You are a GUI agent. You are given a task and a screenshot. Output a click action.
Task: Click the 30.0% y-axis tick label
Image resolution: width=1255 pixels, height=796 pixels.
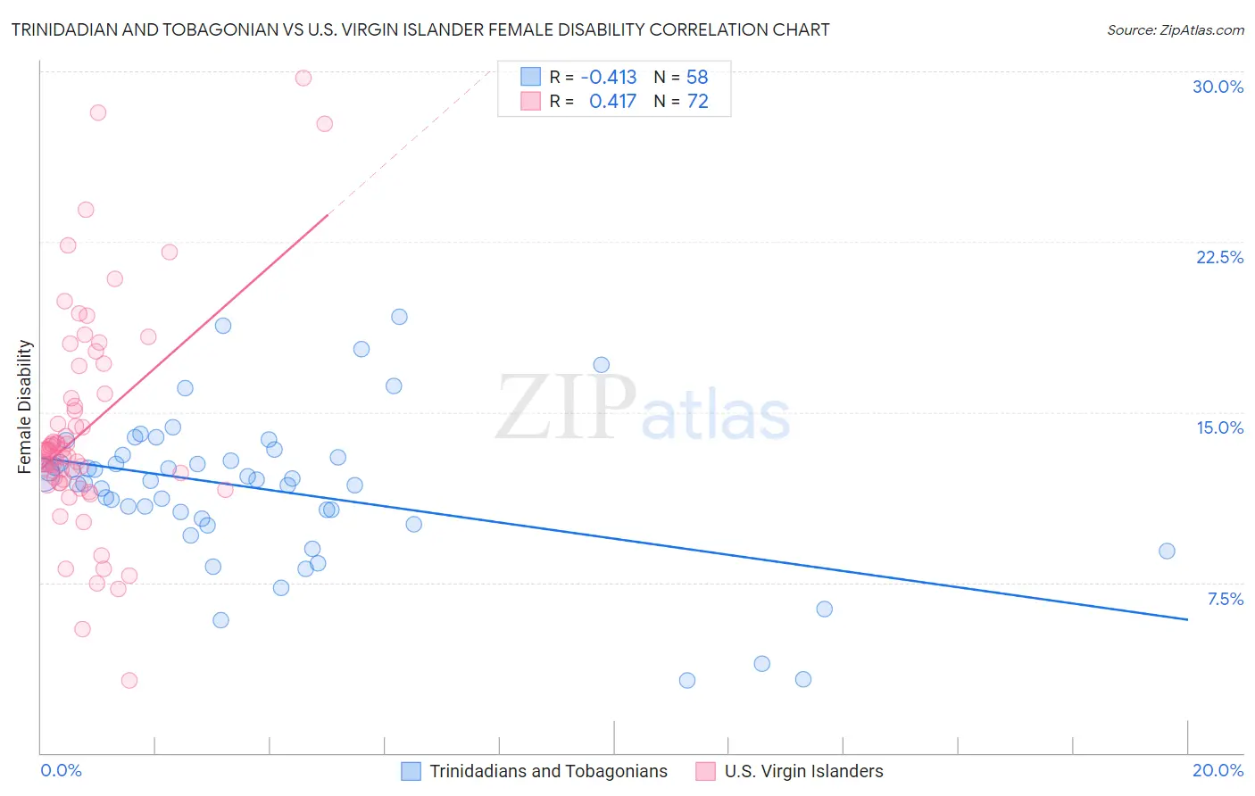[1218, 87]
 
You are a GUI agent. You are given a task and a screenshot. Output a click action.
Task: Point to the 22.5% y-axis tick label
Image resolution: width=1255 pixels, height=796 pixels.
[1219, 257]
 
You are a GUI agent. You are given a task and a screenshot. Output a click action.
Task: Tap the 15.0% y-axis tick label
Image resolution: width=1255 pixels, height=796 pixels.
[1219, 427]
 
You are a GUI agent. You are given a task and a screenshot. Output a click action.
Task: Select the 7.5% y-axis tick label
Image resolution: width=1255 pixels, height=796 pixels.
[1225, 599]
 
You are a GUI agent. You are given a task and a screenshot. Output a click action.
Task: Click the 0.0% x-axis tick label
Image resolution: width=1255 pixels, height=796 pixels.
[61, 770]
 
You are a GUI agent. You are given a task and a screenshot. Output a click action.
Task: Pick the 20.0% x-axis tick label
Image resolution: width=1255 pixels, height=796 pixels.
[1218, 770]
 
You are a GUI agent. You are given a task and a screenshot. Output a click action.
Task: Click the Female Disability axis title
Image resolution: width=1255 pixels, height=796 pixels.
[25, 406]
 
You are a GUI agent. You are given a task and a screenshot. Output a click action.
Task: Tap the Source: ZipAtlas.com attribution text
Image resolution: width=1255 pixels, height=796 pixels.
[1175, 29]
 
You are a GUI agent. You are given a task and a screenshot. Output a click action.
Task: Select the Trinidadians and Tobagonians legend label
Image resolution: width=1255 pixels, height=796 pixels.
[548, 771]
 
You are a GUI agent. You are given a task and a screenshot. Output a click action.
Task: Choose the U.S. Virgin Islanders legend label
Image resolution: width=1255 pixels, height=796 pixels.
[803, 771]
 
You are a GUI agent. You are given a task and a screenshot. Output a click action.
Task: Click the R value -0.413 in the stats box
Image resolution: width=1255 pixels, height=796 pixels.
[608, 77]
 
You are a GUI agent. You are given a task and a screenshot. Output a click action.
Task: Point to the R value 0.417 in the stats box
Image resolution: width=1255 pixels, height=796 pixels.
[612, 101]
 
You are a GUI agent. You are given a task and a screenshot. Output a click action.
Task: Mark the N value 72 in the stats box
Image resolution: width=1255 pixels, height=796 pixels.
[697, 101]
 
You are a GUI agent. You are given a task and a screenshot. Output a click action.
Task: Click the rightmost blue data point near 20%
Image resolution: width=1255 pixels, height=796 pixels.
[1167, 551]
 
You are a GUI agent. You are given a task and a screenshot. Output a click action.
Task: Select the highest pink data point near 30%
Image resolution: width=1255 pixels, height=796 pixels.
[303, 78]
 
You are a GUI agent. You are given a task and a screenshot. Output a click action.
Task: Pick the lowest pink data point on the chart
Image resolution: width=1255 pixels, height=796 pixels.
[129, 680]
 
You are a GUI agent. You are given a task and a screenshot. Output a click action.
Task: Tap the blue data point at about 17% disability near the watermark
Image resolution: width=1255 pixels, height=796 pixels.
[601, 364]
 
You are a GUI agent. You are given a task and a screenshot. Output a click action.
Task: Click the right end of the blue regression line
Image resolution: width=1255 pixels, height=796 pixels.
[1187, 619]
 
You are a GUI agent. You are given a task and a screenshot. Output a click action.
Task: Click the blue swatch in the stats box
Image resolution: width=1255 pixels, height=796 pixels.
[530, 77]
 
